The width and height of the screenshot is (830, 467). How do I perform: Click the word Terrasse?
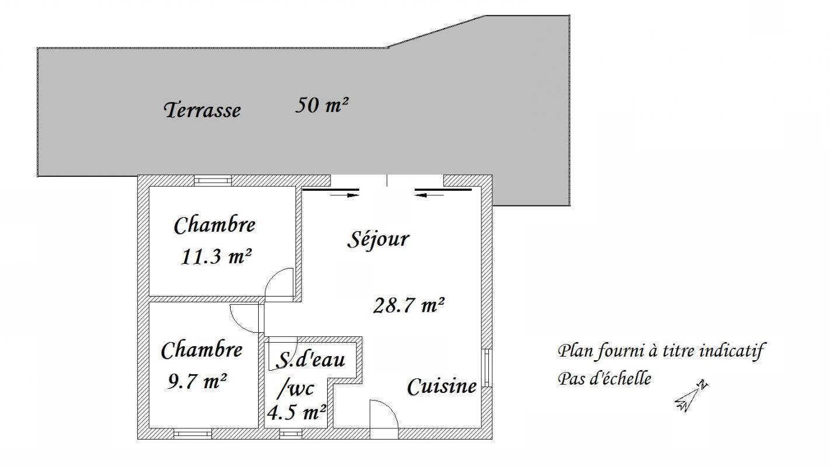coord(202,110)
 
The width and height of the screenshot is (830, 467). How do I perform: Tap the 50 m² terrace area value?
coord(322,105)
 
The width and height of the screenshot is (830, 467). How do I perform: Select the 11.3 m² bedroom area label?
coord(216,256)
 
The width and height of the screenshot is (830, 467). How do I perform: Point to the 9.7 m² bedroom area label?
coord(197,381)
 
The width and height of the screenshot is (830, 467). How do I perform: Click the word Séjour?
coord(378,239)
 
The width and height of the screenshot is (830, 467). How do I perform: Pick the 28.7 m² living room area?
coord(409,306)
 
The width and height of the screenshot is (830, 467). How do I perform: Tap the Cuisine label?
coord(442,386)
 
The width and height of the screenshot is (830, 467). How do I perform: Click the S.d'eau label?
coord(311,359)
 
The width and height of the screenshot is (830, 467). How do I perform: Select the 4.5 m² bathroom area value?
coord(297,412)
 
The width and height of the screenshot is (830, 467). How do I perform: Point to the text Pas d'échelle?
coord(605,379)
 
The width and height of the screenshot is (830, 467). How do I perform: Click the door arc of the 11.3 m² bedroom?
coord(273,276)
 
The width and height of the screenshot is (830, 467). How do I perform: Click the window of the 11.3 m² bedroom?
coord(213,180)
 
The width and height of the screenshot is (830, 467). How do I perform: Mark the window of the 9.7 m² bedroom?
coord(193,434)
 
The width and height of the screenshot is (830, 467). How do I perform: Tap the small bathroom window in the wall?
coord(290,434)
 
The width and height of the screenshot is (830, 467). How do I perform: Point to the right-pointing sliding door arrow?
coord(345,195)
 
